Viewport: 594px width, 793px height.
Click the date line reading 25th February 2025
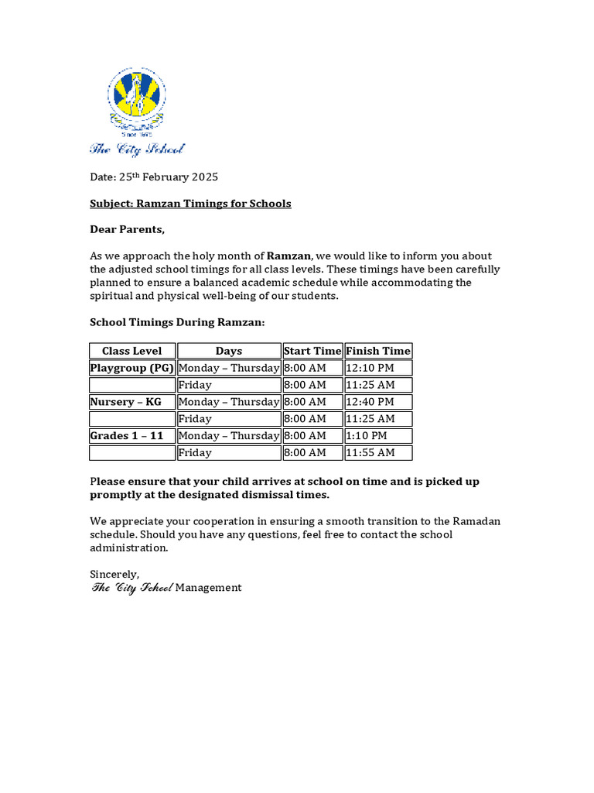154,177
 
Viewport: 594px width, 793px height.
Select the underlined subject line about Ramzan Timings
190,204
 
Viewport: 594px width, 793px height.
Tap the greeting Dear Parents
128,230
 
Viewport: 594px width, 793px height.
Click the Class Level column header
132,351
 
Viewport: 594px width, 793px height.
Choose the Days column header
229,351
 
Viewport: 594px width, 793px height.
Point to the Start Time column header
312,351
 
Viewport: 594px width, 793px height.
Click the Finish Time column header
378,351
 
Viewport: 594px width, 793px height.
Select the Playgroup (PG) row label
132,368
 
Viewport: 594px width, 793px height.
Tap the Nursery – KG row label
126,402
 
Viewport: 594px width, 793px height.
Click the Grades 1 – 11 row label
127,436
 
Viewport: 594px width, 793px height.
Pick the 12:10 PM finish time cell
370,368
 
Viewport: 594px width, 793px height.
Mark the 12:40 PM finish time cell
370,402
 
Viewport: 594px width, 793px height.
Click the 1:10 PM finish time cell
367,436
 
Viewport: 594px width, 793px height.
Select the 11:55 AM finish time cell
370,453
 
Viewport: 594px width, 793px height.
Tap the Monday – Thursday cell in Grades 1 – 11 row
229,436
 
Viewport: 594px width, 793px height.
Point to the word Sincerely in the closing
114,574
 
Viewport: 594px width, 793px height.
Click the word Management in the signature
208,588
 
